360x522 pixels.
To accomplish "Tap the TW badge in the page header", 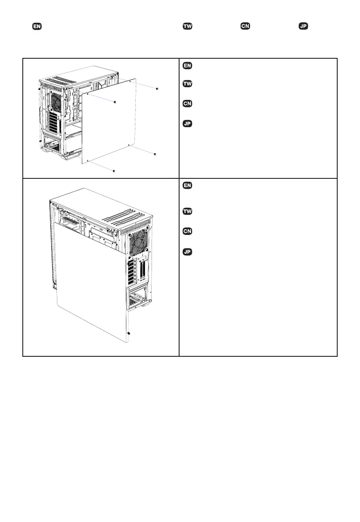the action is click(187, 27).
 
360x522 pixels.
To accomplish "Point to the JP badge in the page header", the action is click(303, 27).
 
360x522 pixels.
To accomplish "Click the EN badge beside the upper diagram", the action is click(187, 66).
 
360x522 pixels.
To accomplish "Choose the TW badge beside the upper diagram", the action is click(187, 83).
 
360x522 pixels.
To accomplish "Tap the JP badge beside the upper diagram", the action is click(187, 124).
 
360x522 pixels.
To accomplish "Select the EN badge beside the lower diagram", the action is click(187, 186).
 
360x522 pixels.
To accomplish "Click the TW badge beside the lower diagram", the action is click(187, 212).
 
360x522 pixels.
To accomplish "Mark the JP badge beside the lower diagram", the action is click(187, 252).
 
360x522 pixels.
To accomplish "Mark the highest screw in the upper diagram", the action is click(157, 89).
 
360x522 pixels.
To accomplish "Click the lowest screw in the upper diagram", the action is click(114, 170).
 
